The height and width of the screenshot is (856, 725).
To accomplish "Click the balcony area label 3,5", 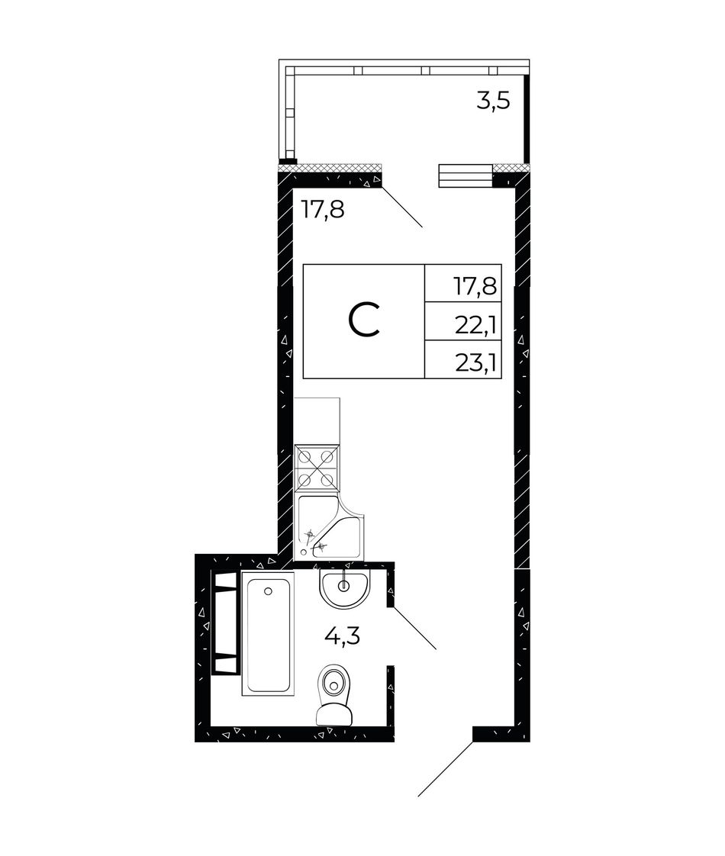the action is [x=493, y=101].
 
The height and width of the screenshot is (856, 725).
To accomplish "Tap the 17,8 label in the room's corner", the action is [x=323, y=209].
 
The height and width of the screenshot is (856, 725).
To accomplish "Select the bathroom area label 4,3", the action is [x=343, y=636].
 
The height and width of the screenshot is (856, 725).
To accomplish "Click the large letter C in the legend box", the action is [x=364, y=321].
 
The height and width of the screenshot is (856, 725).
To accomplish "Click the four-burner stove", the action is [x=317, y=468].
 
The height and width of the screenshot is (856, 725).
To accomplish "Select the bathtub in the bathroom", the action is [x=268, y=634].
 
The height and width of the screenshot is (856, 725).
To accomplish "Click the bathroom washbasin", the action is [x=343, y=588].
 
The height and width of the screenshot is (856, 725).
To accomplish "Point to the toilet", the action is [x=335, y=693].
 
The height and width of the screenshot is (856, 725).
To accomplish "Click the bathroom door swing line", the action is [x=415, y=628].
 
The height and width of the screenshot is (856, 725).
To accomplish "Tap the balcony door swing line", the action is [x=402, y=207].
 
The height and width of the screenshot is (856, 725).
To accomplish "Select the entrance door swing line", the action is [x=446, y=769].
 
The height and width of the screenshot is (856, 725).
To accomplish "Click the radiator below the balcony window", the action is [x=466, y=175].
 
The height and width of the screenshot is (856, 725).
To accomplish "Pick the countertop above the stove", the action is [x=317, y=421].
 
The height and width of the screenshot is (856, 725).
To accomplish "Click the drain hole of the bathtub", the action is [x=268, y=591].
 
